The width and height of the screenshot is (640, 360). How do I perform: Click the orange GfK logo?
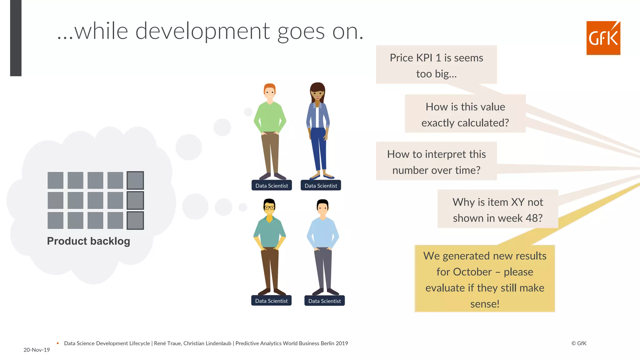pyautogui.click(x=603, y=38)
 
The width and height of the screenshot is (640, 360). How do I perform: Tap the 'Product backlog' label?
pyautogui.click(x=88, y=241)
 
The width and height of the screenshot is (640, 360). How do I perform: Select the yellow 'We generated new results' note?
pyautogui.click(x=485, y=279)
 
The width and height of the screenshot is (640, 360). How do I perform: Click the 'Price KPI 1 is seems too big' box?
pyautogui.click(x=436, y=65)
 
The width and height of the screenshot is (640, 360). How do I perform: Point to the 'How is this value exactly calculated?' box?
pyautogui.click(x=465, y=114)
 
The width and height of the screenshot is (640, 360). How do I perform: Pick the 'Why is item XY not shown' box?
pyautogui.click(x=497, y=209)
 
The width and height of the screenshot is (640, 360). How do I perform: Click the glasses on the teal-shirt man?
pyautogui.click(x=269, y=207)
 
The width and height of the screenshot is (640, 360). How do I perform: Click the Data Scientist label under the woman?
pyautogui.click(x=321, y=186)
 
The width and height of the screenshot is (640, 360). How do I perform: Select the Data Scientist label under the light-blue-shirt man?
pyautogui.click(x=324, y=301)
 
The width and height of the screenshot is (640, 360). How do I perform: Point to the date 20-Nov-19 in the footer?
pyautogui.click(x=37, y=350)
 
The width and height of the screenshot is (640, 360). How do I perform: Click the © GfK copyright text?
pyautogui.click(x=579, y=343)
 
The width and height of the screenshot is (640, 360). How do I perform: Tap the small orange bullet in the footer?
pyautogui.click(x=58, y=343)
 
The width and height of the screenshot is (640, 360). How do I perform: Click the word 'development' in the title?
pyautogui.click(x=202, y=31)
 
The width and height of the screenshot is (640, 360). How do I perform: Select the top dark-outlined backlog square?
pyautogui.click(x=135, y=180)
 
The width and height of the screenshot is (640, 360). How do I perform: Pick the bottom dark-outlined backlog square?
pyautogui.click(x=135, y=220)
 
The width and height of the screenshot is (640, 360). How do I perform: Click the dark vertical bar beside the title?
pyautogui.click(x=16, y=37)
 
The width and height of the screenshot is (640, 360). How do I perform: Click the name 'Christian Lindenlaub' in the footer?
pyautogui.click(x=207, y=343)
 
